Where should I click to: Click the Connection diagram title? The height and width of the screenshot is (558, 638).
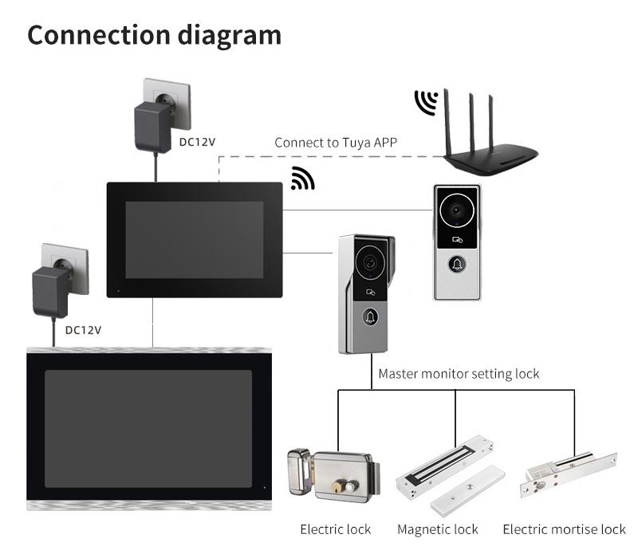pos(155,35)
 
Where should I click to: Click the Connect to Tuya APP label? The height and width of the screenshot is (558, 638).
pos(336,143)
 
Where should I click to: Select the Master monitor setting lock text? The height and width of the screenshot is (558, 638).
pos(459,373)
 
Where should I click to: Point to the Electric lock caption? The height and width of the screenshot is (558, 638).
pos(336,529)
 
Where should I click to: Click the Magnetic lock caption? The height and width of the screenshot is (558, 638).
pos(438,529)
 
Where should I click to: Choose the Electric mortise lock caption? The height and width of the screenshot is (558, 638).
pos(565,529)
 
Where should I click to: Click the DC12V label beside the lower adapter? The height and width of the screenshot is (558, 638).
pos(84,329)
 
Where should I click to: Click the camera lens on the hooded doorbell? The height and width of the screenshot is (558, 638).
pos(368,261)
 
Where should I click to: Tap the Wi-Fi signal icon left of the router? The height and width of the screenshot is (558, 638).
pos(426,104)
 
